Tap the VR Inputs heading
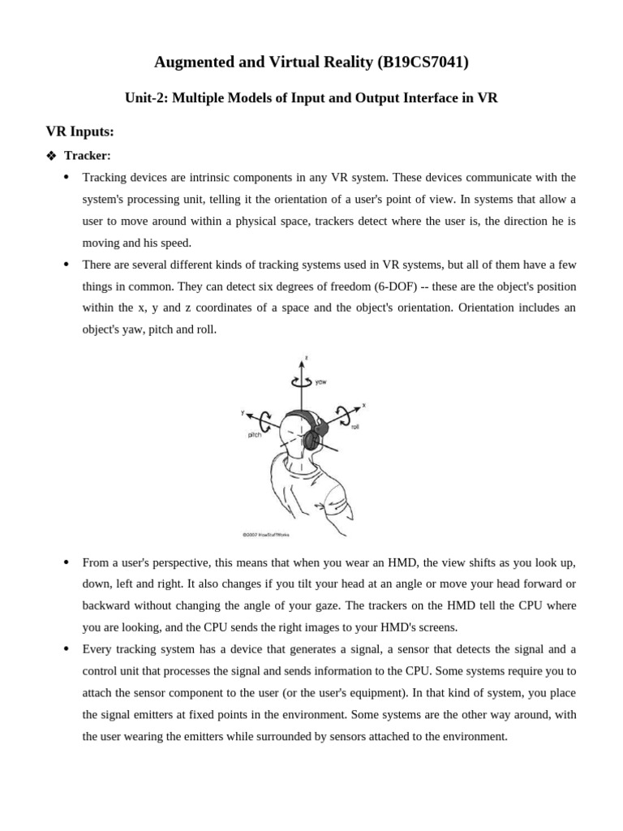(x=79, y=131)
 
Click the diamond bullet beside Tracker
(x=52, y=155)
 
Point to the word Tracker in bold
(x=88, y=155)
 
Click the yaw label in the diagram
(x=321, y=382)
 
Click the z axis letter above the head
(x=306, y=358)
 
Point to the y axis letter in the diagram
(x=243, y=413)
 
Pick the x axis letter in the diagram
(x=363, y=404)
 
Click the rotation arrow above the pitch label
(x=265, y=419)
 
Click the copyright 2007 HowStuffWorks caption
(x=266, y=535)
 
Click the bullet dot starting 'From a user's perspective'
(x=66, y=562)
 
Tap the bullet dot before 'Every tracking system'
(x=66, y=649)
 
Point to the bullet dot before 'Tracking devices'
(x=66, y=177)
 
